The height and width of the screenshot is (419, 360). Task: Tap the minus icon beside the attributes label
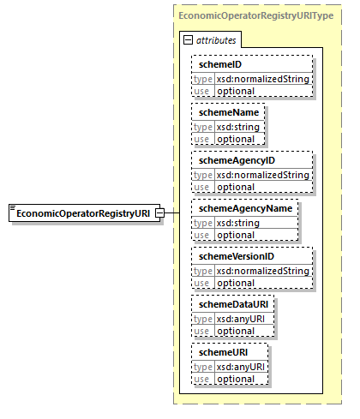point(189,40)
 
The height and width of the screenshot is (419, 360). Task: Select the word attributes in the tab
point(217,40)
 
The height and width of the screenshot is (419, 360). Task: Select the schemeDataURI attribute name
point(231,304)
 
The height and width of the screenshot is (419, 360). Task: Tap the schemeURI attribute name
point(220,352)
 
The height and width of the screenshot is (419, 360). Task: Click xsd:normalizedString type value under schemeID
point(261,79)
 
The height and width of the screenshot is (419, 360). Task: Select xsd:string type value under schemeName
point(237,127)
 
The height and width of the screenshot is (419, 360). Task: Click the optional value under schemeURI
point(235,379)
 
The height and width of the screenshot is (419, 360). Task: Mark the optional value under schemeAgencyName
point(235,234)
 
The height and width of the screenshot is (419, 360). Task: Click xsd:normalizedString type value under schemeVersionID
point(261,271)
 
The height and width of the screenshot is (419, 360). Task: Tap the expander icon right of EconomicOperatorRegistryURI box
point(159,212)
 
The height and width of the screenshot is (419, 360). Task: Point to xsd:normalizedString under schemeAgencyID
point(261,175)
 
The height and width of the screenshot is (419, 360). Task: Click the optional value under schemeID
point(235,91)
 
